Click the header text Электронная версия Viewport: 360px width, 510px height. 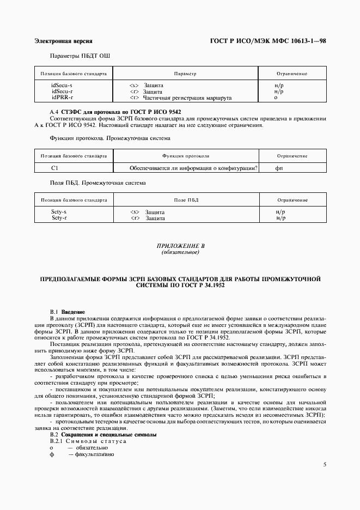click(x=63, y=41)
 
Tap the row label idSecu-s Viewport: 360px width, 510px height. click(x=62, y=86)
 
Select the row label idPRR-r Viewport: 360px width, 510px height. click(x=62, y=98)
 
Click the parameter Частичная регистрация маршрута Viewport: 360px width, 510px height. click(x=187, y=98)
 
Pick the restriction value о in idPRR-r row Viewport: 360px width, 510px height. click(x=276, y=98)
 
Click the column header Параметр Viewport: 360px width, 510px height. click(x=185, y=73)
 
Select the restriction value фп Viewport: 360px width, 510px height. click(x=279, y=168)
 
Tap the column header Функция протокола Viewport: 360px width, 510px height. click(x=185, y=156)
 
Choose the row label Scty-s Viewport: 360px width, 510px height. click(x=59, y=212)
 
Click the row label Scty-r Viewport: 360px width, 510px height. click(x=59, y=218)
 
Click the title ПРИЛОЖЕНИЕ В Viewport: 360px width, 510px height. click(x=180, y=247)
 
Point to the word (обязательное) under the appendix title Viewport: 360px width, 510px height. click(x=180, y=253)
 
